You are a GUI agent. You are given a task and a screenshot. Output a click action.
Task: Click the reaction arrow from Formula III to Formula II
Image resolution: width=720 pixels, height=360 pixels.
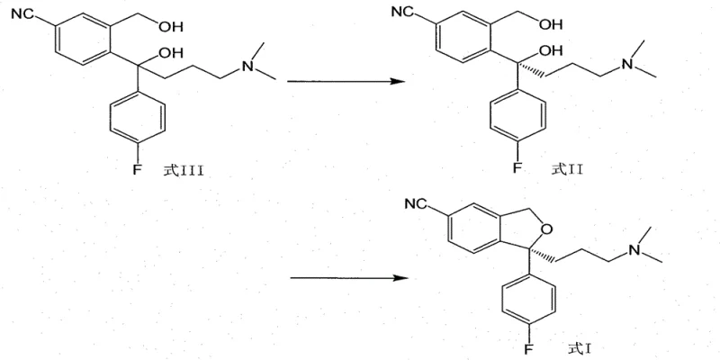coord(343,82)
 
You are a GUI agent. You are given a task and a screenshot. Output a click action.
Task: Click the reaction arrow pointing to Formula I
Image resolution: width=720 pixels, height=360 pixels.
coord(343,277)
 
